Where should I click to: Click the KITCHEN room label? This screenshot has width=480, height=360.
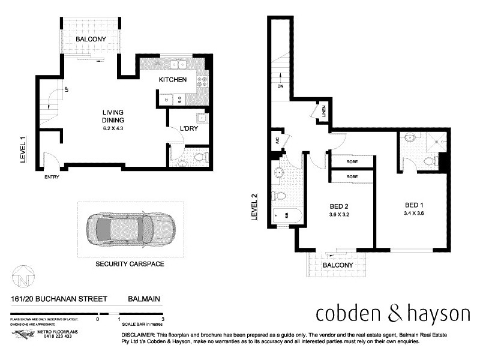172,80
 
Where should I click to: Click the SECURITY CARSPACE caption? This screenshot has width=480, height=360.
130,263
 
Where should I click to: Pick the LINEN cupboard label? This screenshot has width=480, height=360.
322,111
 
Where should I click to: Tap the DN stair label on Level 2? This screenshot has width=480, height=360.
280,86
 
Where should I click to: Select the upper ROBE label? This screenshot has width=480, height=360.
352,161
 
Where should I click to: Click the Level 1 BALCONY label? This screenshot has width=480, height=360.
91,40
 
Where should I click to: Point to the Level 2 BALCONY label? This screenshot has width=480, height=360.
337,265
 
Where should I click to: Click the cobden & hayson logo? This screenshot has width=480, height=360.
393,314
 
